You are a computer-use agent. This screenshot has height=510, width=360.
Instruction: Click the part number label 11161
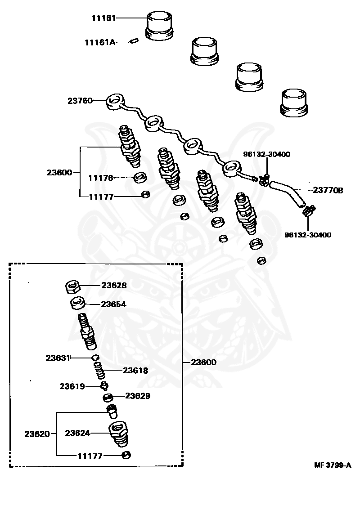coord(103,18)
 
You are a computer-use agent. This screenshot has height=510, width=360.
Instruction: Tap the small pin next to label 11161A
coord(133,42)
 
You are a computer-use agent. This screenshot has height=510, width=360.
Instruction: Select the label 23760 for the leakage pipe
coord(80,101)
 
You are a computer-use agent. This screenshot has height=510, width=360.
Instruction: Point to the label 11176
coord(100,178)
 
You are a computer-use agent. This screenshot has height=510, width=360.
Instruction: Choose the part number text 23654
coord(113,304)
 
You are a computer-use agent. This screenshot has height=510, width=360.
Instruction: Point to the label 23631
coord(58,358)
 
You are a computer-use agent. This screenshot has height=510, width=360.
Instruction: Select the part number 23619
coord(72,386)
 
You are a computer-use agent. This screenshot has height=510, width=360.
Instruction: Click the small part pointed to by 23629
coord(108,397)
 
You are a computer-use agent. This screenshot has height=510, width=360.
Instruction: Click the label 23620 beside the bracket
coord(37,434)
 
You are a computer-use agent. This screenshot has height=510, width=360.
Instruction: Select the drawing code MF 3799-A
coord(333,465)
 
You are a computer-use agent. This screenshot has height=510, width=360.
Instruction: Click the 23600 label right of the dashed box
coord(203,362)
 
